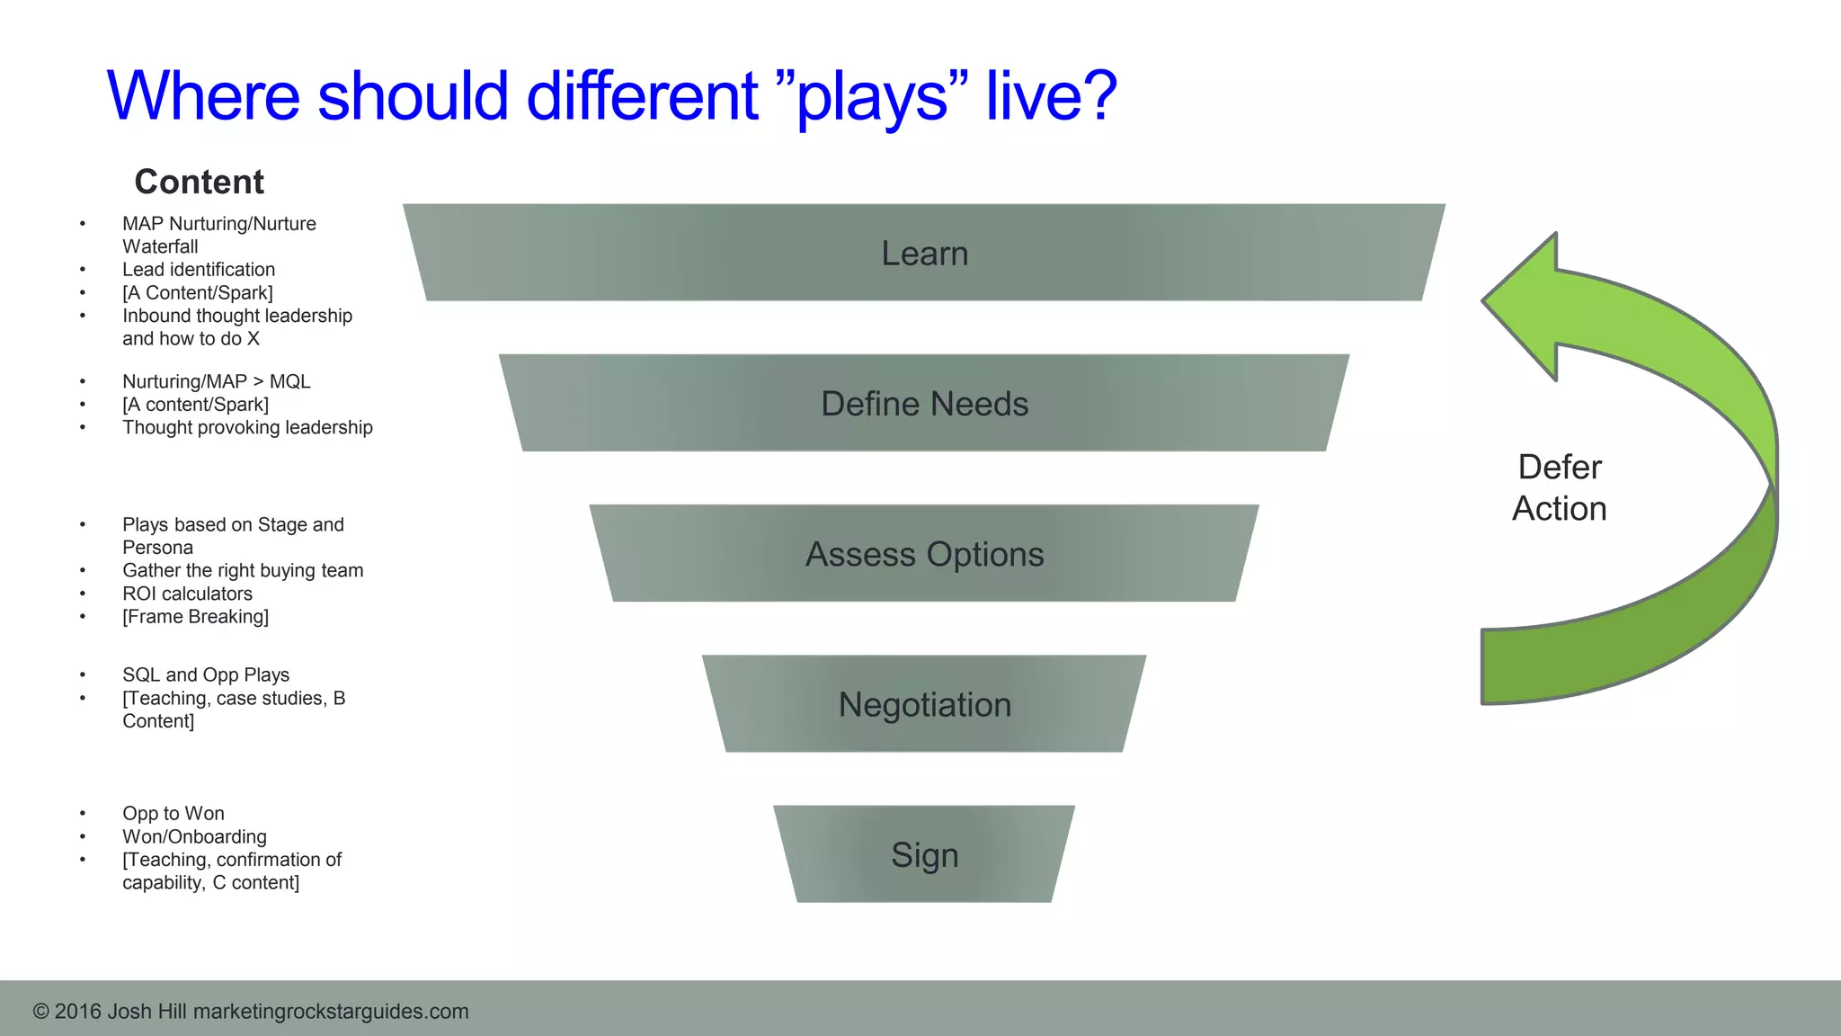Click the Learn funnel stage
[x=924, y=253]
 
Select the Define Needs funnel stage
[x=924, y=404]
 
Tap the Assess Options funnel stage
[x=924, y=554]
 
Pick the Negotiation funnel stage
[x=924, y=704]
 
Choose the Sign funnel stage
[x=924, y=854]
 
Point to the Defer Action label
[x=1560, y=487]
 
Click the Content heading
[x=199, y=182]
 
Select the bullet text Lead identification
[x=199, y=270]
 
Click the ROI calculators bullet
[x=187, y=594]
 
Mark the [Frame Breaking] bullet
[x=195, y=617]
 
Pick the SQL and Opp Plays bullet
[x=206, y=675]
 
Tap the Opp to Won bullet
[x=173, y=814]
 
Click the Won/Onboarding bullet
[x=194, y=836]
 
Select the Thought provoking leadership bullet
[x=247, y=428]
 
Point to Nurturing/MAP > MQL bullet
[x=217, y=381]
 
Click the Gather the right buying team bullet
[x=243, y=571]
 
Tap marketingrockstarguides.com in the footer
[x=331, y=1012]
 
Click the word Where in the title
[x=203, y=97]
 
